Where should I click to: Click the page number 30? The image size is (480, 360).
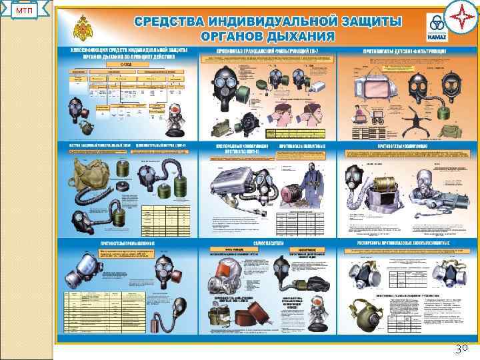pyautogui.click(x=461, y=347)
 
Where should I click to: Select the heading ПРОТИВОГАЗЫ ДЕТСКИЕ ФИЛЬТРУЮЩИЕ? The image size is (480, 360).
pyautogui.click(x=398, y=51)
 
